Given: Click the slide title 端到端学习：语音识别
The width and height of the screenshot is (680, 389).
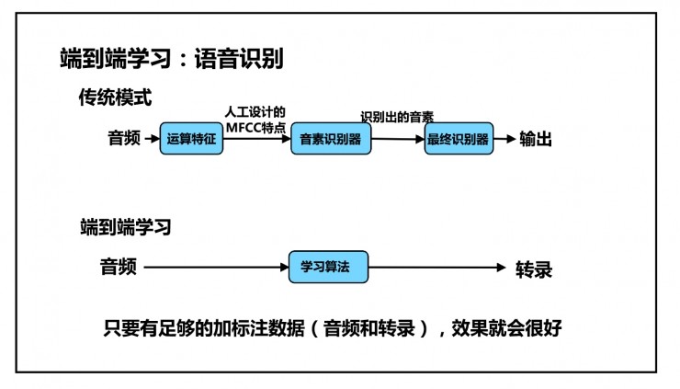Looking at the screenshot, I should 171,59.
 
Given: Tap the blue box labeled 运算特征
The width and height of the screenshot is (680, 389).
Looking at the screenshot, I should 191,139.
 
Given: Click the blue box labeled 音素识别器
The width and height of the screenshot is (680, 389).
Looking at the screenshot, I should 331,140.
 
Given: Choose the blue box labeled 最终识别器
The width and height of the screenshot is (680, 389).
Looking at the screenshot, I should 457,140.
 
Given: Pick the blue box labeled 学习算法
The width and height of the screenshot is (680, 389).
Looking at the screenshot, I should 328,267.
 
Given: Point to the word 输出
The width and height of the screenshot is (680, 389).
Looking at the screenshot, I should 536,138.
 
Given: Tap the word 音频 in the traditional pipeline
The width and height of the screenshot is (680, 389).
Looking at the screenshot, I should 124,139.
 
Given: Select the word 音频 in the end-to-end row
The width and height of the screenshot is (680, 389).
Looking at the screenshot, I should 119,267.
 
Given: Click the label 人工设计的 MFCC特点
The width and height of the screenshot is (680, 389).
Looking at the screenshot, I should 255,118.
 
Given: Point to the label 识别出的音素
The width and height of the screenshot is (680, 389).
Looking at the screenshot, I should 397,117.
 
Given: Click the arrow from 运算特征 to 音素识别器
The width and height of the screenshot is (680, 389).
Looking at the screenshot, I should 256,139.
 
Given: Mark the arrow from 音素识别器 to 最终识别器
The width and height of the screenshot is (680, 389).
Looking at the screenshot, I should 398,140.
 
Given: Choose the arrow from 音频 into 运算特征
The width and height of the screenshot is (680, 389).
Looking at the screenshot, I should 152,139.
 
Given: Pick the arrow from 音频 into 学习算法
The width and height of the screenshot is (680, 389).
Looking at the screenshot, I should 217,268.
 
